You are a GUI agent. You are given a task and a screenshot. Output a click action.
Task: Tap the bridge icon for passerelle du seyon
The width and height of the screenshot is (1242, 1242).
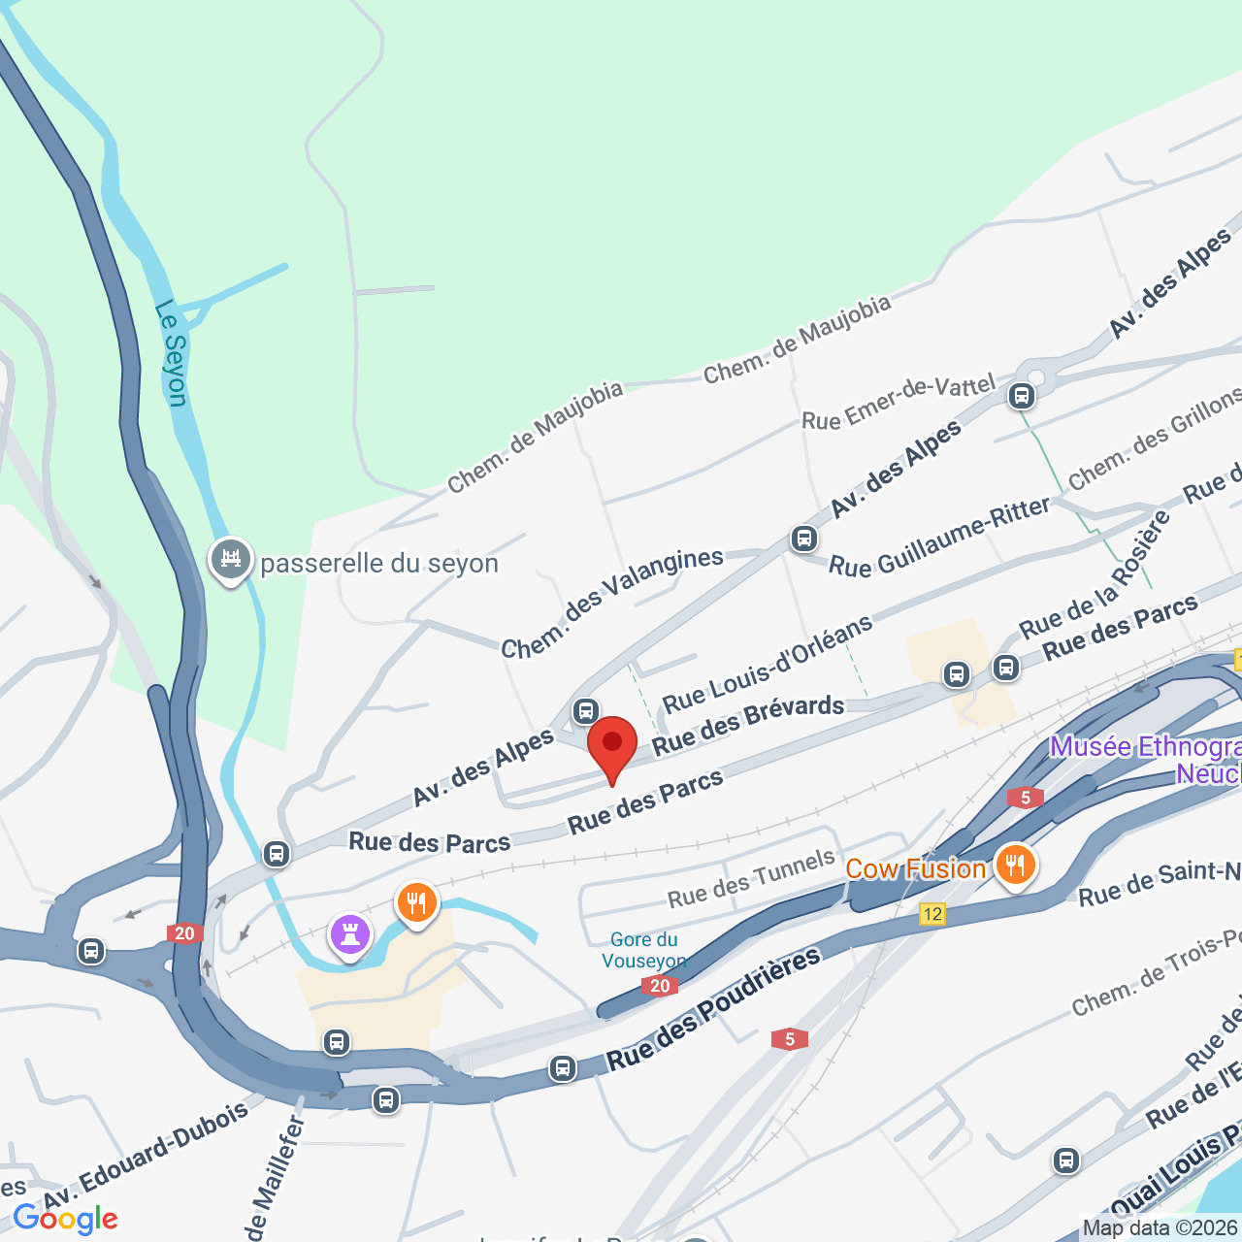click(x=231, y=561)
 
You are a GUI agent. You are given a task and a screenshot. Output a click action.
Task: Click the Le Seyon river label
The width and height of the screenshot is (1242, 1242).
click(x=171, y=353)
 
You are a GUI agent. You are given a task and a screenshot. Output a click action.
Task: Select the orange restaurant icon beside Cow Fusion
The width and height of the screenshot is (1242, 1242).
click(x=1015, y=864)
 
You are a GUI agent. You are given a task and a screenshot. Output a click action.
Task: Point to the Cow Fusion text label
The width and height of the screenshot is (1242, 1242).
click(x=915, y=868)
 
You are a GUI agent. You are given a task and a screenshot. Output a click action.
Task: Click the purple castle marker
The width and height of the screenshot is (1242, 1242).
click(x=350, y=935)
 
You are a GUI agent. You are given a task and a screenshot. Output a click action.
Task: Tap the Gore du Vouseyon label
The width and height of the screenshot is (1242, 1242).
click(x=643, y=950)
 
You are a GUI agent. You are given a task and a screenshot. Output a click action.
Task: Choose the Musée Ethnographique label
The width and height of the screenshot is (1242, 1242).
click(x=1145, y=760)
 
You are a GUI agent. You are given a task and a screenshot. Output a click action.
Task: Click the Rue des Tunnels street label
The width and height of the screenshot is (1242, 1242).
click(x=751, y=879)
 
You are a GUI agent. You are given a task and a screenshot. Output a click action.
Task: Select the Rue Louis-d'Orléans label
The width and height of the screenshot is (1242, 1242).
click(x=768, y=664)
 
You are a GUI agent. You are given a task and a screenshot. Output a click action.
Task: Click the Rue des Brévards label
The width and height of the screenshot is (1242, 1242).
click(x=748, y=724)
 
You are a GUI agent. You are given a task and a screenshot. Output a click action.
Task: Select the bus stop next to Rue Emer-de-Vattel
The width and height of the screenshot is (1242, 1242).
click(x=1020, y=396)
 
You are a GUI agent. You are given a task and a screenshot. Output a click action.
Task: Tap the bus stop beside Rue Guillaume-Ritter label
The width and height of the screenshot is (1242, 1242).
click(x=803, y=538)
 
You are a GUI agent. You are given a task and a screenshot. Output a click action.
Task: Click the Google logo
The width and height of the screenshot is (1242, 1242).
click(x=66, y=1219)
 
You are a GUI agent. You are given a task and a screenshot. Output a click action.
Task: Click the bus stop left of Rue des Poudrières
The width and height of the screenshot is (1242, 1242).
click(x=562, y=1068)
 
